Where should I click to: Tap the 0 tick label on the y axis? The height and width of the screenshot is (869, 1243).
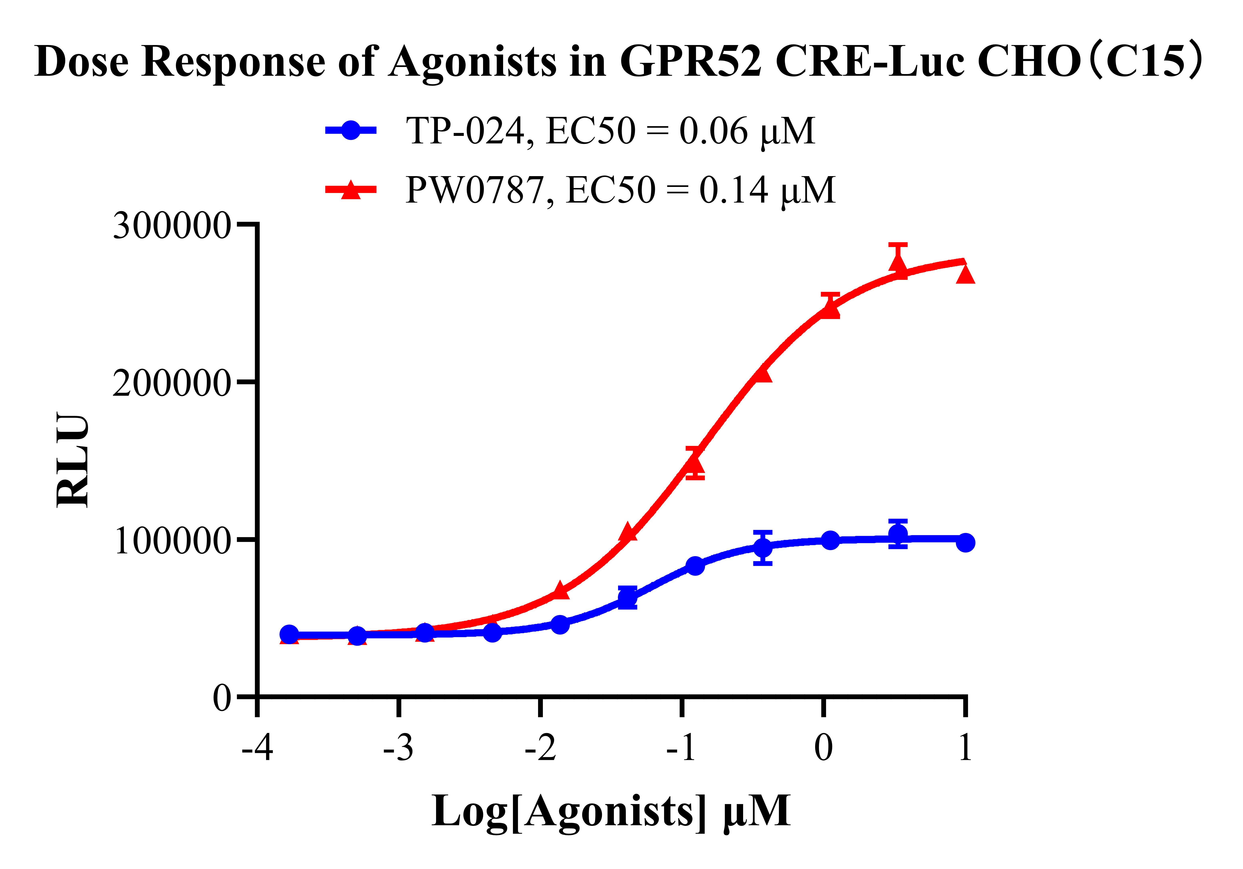point(222,699)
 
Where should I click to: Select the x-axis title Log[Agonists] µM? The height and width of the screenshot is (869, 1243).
point(611,811)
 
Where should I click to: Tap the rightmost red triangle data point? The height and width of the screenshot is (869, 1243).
point(965,274)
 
